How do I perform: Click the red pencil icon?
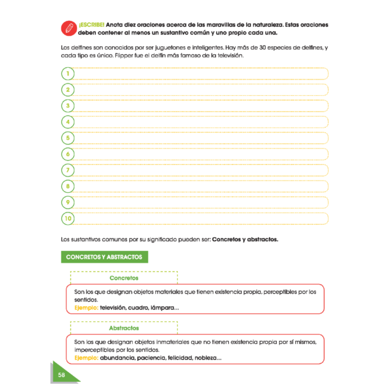(x=66, y=27)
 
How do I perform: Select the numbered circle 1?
(x=67, y=74)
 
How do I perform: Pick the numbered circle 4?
(x=67, y=122)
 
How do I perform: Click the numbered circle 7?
(x=67, y=170)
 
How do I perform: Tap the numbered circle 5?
(x=67, y=138)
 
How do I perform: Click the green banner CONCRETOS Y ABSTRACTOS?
(x=104, y=257)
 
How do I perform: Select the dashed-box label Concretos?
(x=124, y=278)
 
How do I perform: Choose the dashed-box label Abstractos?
(x=124, y=328)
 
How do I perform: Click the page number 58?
(x=61, y=375)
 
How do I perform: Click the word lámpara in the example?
(x=164, y=308)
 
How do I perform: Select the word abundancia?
(x=118, y=358)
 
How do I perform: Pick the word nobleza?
(x=206, y=358)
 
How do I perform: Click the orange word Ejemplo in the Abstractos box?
(x=86, y=358)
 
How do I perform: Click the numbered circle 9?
(x=67, y=202)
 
